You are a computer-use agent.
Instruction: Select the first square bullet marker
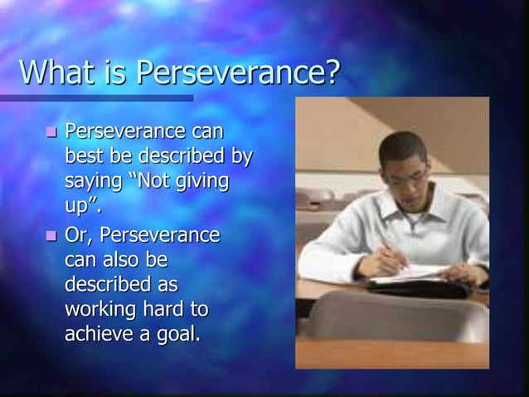pos(51,132)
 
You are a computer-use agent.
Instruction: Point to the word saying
pos(94,181)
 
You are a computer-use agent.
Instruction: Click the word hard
pos(163,309)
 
